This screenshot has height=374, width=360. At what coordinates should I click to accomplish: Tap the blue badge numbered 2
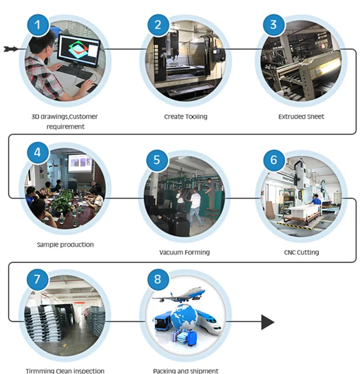pos(157,24)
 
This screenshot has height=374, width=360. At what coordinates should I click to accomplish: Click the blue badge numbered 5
pos(157,160)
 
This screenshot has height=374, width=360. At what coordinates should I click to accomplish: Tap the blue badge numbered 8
pos(157,279)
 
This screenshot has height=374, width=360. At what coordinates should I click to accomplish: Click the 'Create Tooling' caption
pos(185,117)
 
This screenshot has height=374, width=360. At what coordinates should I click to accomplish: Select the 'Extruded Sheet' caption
pos(301,117)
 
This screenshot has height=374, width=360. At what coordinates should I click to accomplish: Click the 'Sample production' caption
pos(65,245)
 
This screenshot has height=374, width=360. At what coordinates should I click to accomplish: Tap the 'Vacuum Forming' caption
pos(184,252)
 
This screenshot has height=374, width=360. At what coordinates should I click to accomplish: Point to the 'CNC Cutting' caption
pos(301,252)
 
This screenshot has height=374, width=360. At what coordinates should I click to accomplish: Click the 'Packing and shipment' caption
pos(185,371)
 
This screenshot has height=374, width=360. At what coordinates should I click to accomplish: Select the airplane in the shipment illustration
pos(180,295)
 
